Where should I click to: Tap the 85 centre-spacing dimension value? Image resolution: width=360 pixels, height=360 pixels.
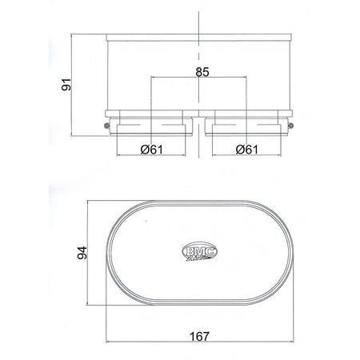[x=202, y=72]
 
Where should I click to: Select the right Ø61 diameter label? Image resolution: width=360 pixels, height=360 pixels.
[x=248, y=149]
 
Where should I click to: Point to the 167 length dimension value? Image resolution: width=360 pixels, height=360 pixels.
[x=200, y=337]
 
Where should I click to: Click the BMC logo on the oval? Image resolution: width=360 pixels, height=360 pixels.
[x=200, y=250]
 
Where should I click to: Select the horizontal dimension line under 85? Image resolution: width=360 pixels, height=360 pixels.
[x=200, y=78]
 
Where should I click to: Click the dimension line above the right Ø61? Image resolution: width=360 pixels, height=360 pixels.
[x=248, y=155]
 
